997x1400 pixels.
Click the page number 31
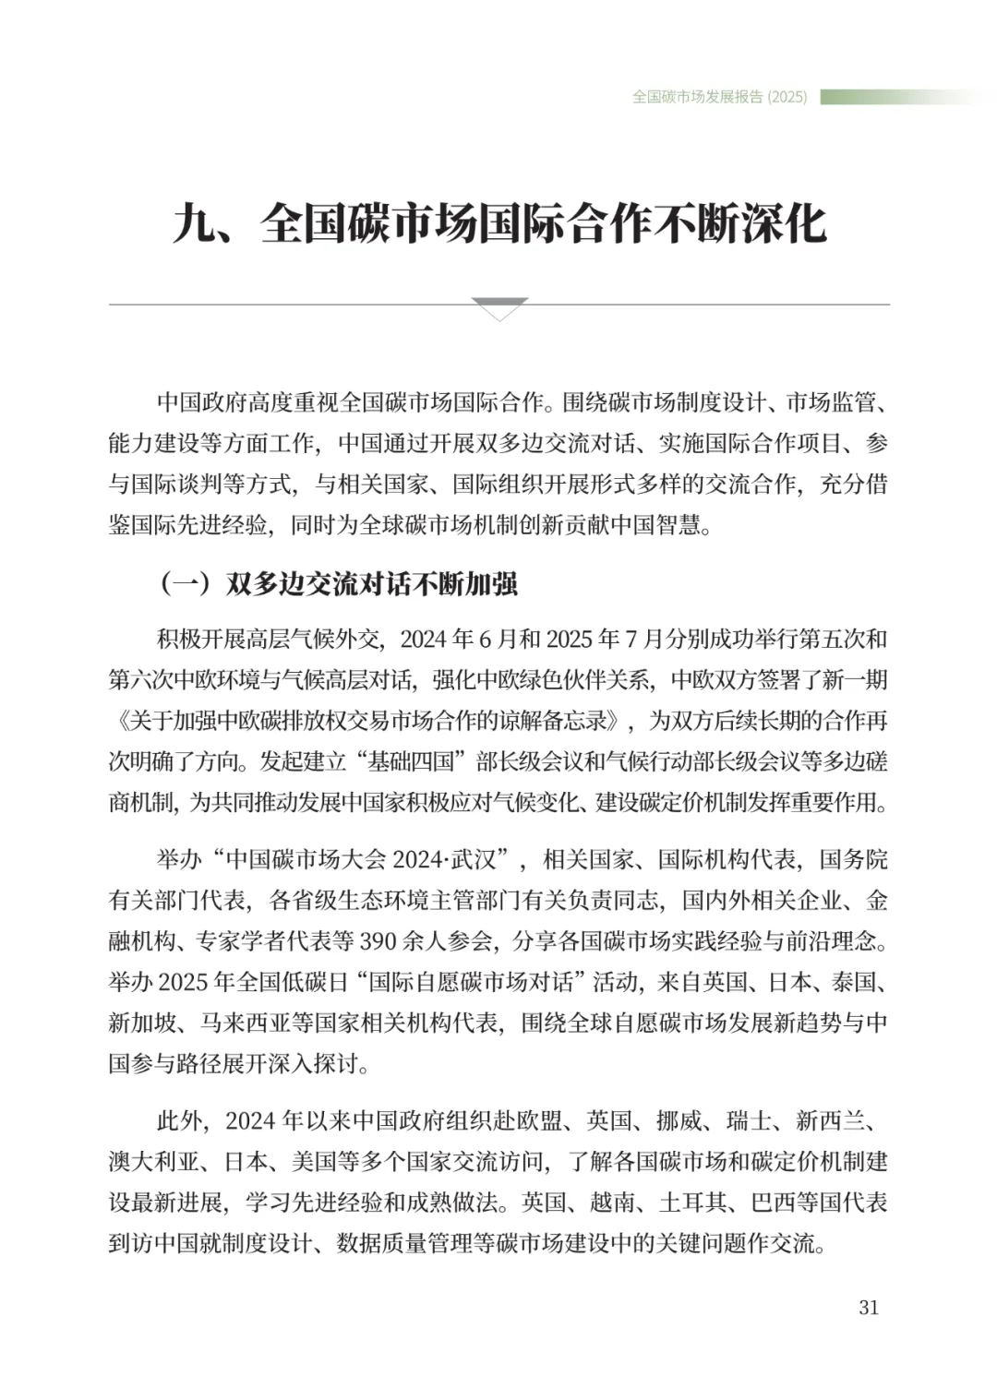[x=869, y=1307]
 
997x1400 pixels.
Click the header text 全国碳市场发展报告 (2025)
[x=719, y=97]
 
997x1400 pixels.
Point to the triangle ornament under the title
[x=498, y=308]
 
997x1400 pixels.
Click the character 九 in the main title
[x=195, y=224]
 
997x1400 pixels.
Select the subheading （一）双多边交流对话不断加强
[x=338, y=583]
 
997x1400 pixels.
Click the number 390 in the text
[x=378, y=941]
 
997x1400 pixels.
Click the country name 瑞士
[x=749, y=1121]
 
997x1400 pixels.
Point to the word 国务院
[x=854, y=860]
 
